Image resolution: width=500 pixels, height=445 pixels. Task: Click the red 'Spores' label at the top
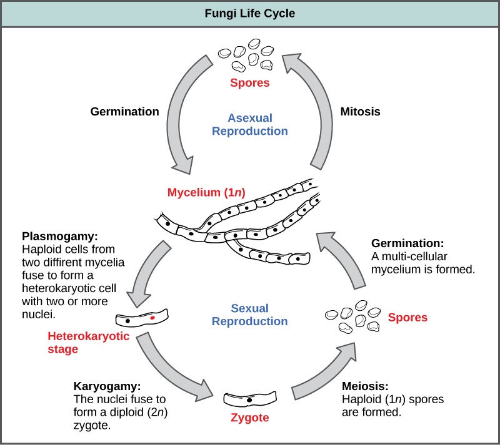point(249,82)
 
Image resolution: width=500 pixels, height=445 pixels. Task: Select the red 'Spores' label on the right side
point(407,318)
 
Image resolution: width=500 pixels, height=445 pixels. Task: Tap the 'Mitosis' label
point(360,112)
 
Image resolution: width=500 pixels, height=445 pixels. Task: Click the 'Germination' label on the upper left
point(124,112)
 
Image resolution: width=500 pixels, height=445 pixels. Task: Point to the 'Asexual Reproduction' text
point(249,124)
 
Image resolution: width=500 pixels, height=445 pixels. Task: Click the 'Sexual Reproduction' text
point(249,315)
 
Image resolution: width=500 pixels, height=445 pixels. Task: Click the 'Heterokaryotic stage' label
point(88,343)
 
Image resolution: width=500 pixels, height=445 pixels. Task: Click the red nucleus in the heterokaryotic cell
point(152,318)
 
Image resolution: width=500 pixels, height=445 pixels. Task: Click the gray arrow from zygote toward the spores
point(325,374)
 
